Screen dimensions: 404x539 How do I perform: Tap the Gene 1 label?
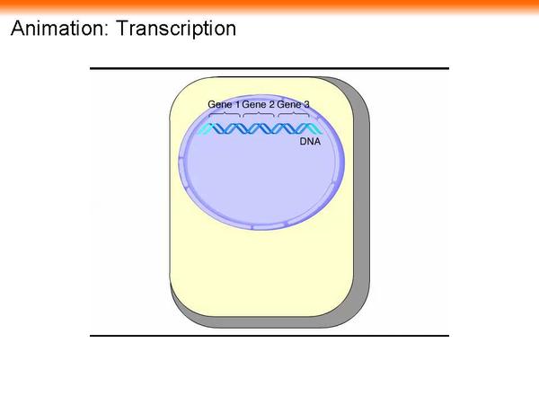(224, 105)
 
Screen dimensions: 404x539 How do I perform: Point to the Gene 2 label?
(258, 105)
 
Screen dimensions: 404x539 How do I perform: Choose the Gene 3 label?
(293, 105)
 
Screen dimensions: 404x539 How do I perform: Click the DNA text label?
(310, 141)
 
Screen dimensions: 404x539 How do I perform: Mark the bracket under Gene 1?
(224, 115)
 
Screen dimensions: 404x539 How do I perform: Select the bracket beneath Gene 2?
(259, 115)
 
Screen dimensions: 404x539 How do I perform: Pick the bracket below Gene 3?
(293, 115)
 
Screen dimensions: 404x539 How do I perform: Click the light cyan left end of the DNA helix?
(205, 129)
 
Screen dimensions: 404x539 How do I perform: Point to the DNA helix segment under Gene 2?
(259, 129)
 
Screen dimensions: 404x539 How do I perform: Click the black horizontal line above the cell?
(269, 68)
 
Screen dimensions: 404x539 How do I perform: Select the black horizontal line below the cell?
(269, 336)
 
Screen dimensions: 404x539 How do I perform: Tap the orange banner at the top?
(269, 6)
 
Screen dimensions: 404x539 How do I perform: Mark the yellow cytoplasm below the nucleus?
(261, 269)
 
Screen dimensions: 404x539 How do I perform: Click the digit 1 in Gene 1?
(236, 105)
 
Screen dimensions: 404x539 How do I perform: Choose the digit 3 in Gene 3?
(306, 105)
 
